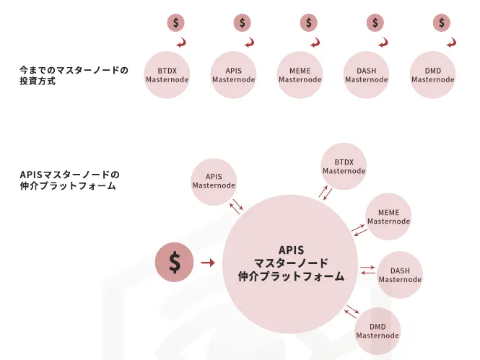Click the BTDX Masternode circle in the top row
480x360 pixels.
167,75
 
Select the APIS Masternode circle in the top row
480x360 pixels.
233,75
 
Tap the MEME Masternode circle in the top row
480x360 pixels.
300,75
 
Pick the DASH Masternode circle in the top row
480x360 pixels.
366,75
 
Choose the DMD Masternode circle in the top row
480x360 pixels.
432,75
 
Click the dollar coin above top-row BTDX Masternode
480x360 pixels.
175,22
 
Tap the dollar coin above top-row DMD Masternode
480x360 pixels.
442,22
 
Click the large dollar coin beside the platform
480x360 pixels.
174,262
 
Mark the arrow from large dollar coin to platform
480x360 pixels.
208,263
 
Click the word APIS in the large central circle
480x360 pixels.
291,250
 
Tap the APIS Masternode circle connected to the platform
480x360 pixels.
214,182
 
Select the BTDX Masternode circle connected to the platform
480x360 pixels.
344,167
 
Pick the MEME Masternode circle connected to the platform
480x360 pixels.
388,216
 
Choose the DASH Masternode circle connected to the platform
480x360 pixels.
400,275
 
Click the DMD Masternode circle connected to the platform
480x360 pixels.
378,331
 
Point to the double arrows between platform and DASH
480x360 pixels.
367,270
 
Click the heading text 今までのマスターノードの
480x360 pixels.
74,71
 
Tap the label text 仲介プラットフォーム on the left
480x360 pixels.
68,185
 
